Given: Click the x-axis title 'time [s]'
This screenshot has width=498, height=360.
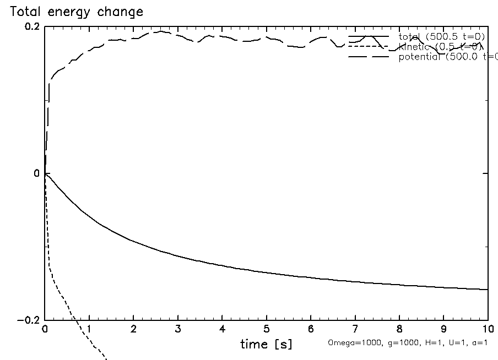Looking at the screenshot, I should [266, 345].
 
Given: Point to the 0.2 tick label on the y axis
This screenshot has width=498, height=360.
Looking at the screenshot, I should [32, 27].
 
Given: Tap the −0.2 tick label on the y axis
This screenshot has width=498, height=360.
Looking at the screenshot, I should [29, 320].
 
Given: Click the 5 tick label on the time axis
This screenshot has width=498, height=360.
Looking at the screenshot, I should [266, 330].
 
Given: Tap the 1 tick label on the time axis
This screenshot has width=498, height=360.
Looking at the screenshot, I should [89, 330].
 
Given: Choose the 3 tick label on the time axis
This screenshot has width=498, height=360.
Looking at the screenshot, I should [177, 330].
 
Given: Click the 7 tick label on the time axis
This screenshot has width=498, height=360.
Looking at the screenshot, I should [355, 330].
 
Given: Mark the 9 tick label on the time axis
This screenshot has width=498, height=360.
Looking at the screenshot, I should [443, 330].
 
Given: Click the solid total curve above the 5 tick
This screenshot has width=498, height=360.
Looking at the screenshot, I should [266, 272].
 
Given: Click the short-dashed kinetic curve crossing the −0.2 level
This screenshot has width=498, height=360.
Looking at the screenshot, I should [75, 320].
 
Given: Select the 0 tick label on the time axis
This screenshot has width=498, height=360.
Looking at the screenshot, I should [45, 330].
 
